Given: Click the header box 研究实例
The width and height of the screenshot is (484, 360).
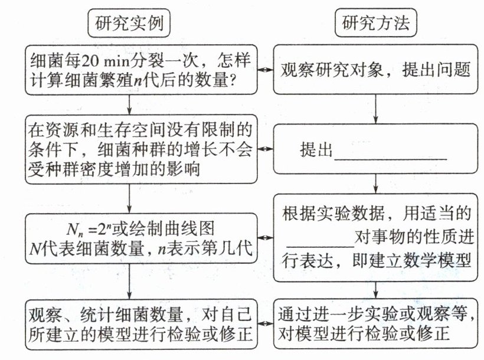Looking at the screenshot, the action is pos(129,23).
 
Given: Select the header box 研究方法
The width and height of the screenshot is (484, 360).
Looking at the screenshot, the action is pos(375,22).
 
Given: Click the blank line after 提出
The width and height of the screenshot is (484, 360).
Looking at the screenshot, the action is pos(391,159).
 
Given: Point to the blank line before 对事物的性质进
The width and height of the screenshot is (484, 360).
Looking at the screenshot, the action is pos(320,246).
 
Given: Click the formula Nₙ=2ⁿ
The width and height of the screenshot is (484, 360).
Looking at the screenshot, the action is pos(89,229).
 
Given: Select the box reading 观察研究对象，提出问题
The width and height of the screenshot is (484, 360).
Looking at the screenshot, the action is pos(375,70).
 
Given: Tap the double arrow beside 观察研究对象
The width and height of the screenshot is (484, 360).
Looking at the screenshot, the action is pos(266,70).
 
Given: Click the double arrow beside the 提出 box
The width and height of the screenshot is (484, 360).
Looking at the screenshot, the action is pos(266,149).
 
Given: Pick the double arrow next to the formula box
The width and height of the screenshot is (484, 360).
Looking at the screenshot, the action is pos(266,238).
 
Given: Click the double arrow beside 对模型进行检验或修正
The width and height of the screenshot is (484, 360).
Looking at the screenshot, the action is pos(266,323).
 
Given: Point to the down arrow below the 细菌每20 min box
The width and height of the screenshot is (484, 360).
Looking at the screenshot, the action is pos(129,104).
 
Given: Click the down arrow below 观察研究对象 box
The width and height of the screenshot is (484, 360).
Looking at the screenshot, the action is pos(375,109).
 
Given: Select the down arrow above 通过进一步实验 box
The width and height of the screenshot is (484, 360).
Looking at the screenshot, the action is pos(375,290).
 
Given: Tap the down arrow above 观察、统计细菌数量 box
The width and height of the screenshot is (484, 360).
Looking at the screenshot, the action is pos(129,282).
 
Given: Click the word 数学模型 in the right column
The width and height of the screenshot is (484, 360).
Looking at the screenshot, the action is pos(437,261).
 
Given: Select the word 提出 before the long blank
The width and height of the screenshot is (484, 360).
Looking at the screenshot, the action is pos(315,150).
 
